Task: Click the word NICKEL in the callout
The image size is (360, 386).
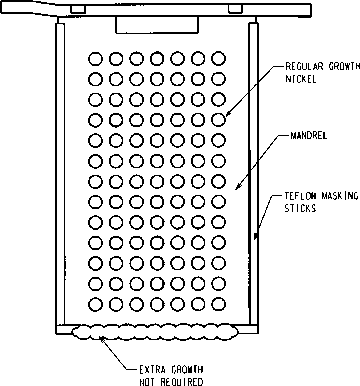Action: click(301, 79)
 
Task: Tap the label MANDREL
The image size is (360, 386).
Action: click(308, 136)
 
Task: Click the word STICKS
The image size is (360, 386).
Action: click(300, 208)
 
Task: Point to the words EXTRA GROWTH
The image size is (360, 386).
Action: click(171, 370)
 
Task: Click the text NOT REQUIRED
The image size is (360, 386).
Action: click(171, 382)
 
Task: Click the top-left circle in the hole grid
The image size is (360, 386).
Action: click(95, 59)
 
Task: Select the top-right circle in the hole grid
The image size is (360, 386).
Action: click(219, 59)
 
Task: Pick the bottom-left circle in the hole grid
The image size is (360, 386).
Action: click(95, 304)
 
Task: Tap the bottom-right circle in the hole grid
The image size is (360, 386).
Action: click(219, 304)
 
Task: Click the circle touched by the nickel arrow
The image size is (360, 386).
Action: click(219, 119)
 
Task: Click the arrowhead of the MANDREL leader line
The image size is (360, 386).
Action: click(237, 187)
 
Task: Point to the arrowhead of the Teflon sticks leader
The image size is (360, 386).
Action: click(256, 236)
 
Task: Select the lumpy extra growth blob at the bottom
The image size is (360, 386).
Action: click(156, 332)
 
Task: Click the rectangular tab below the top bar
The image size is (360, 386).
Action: click(157, 25)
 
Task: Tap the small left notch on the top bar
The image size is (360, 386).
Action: click(78, 10)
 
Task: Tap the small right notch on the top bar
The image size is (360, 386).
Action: click(235, 10)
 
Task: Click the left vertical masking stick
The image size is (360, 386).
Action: click(60, 173)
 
